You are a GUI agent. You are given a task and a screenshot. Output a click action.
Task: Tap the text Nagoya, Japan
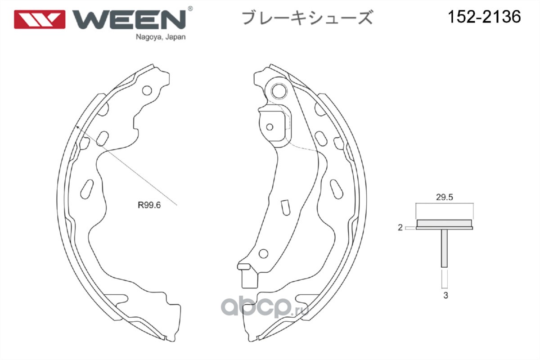160,38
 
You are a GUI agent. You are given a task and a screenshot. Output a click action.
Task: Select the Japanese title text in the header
307,18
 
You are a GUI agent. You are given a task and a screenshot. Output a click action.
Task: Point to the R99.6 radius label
149,205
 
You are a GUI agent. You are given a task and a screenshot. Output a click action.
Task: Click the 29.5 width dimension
445,197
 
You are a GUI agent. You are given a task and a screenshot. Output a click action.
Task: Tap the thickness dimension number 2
400,228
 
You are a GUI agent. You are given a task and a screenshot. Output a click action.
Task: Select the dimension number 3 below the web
445,296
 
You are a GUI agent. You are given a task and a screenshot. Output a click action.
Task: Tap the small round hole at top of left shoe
147,90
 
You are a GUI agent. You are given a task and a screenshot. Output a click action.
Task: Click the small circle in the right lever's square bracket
270,127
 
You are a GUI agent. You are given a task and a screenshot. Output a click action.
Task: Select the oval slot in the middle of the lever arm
285,207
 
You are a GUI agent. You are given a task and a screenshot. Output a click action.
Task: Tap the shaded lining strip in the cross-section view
445,223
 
